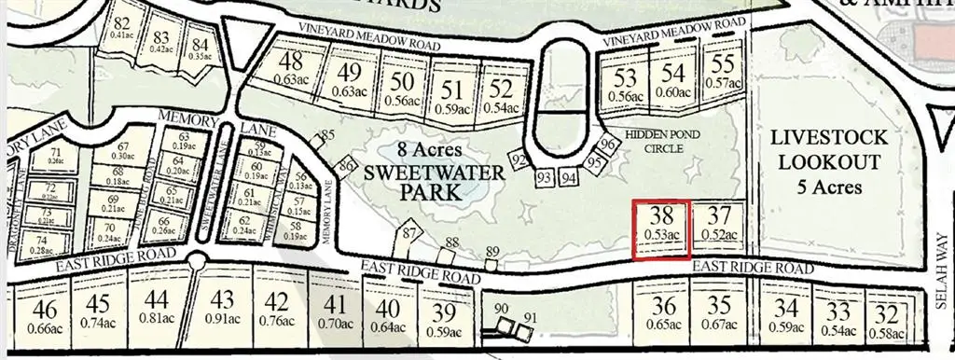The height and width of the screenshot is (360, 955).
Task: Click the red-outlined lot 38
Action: click(660, 228)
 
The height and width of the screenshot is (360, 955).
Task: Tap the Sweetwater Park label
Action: click(414, 173)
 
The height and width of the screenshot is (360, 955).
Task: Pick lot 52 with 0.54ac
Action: click(501, 95)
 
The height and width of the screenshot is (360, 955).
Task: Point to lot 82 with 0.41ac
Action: click(121, 29)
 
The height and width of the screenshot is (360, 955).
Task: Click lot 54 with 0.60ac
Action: click(673, 80)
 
